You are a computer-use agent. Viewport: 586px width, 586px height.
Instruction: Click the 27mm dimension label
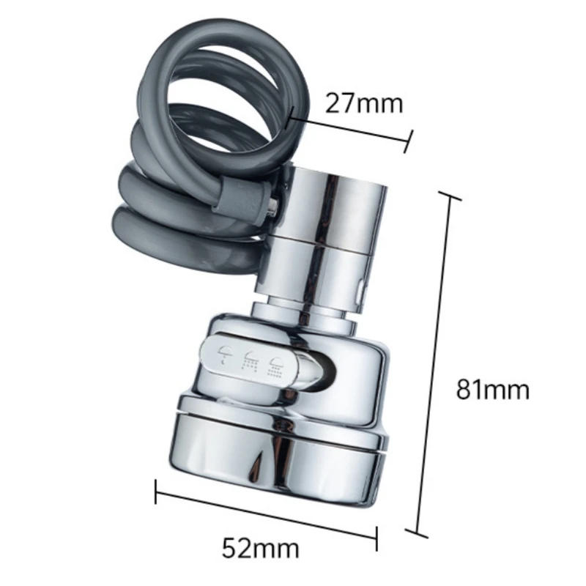point(364,103)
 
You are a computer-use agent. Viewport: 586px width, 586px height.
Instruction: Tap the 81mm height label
point(492,389)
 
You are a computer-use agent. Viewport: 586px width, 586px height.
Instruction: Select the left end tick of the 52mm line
point(156,492)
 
